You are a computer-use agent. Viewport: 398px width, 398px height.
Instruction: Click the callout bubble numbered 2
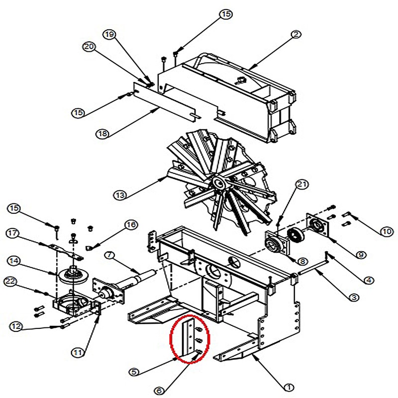(x=296, y=35)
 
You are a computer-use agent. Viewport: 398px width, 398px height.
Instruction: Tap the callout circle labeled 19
(x=110, y=34)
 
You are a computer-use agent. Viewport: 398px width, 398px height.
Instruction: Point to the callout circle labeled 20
(x=89, y=47)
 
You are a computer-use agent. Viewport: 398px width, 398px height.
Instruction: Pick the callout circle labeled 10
(x=386, y=231)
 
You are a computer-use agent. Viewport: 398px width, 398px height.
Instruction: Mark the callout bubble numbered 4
(x=368, y=280)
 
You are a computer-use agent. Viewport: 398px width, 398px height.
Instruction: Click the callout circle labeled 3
(x=354, y=298)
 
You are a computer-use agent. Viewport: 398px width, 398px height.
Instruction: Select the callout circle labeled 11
(x=76, y=353)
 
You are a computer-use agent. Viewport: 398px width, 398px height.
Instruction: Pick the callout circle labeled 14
(x=13, y=260)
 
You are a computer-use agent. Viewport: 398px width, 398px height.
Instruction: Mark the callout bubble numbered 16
(x=131, y=225)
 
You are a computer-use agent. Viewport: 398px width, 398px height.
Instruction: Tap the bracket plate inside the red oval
(x=189, y=340)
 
